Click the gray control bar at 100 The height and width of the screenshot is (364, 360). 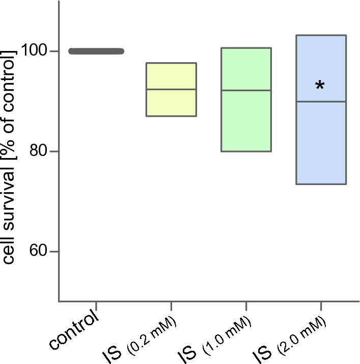tap(96, 51)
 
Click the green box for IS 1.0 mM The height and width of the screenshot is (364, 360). tap(246, 122)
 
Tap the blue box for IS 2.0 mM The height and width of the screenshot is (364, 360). tap(321, 143)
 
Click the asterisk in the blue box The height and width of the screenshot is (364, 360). tap(320, 86)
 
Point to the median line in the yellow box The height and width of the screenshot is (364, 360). tap(171, 89)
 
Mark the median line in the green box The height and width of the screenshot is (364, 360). tap(246, 90)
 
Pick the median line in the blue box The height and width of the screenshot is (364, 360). tap(321, 102)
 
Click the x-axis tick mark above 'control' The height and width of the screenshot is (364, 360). tap(96, 306)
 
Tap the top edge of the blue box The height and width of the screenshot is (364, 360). tap(321, 35)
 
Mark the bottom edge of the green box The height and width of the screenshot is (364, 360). tap(246, 151)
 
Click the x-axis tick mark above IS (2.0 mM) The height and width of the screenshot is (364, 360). tap(321, 306)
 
